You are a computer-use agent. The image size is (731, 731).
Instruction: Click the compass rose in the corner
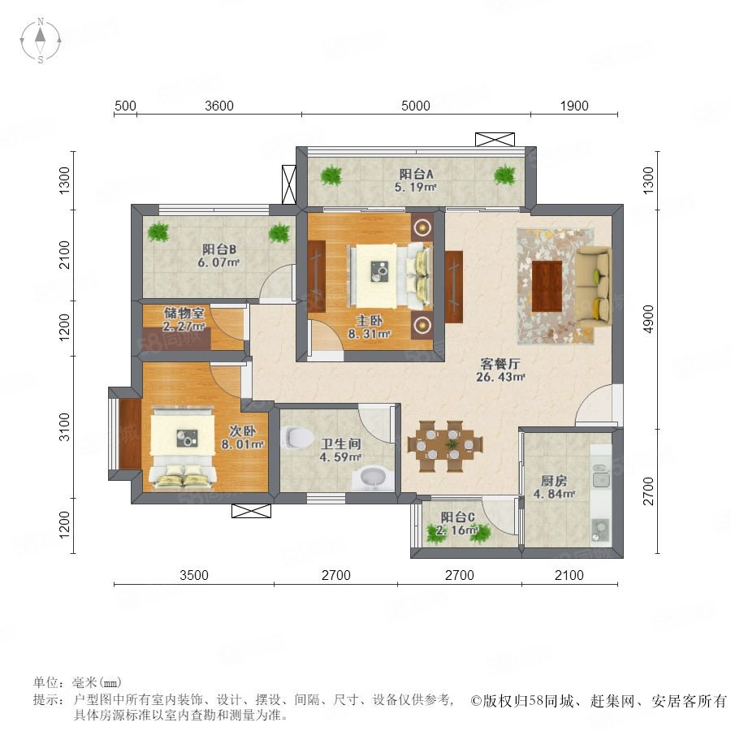coord(41,40)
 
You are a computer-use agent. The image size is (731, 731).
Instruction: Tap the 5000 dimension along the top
coord(415,106)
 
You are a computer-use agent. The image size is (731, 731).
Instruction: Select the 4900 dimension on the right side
coord(648,319)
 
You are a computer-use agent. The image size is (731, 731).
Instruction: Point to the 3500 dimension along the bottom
coord(194,575)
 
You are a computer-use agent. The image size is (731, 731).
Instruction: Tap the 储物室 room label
coord(184,313)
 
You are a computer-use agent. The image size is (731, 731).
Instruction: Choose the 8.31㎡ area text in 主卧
coord(369,333)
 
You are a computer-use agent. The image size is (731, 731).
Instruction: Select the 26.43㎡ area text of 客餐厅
coord(500,377)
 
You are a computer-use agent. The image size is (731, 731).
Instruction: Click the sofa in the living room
coord(594,286)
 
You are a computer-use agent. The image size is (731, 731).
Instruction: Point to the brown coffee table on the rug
coord(547,286)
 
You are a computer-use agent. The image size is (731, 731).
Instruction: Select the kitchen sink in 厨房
coord(601,475)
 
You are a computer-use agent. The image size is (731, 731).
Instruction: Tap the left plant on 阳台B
coord(158,231)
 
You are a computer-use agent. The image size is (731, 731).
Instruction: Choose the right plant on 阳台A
coord(505,175)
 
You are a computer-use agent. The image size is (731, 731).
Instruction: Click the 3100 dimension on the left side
coord(64,426)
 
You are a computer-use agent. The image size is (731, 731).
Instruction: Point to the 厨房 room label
coord(554,480)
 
